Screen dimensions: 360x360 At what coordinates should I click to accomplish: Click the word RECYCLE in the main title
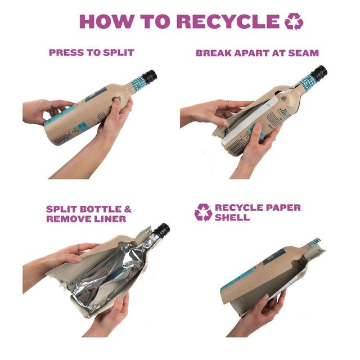coord(228,21)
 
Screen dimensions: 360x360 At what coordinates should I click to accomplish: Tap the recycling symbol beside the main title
coord(294,21)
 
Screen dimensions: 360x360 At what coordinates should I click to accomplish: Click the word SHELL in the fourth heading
coord(232,217)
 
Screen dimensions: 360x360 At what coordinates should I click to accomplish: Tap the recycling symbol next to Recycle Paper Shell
coord(203,213)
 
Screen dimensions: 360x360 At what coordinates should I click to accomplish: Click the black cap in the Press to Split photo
coord(150,76)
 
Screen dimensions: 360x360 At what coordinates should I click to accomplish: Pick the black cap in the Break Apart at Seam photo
coord(319,73)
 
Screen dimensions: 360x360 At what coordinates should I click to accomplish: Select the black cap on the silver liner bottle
coord(162,230)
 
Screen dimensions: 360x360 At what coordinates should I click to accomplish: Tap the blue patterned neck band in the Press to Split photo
coord(138,84)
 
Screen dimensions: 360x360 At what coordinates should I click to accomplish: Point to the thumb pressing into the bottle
coord(117,103)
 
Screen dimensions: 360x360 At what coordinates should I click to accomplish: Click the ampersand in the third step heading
coord(128,209)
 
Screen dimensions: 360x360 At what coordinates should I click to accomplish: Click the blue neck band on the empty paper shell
coord(314,243)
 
